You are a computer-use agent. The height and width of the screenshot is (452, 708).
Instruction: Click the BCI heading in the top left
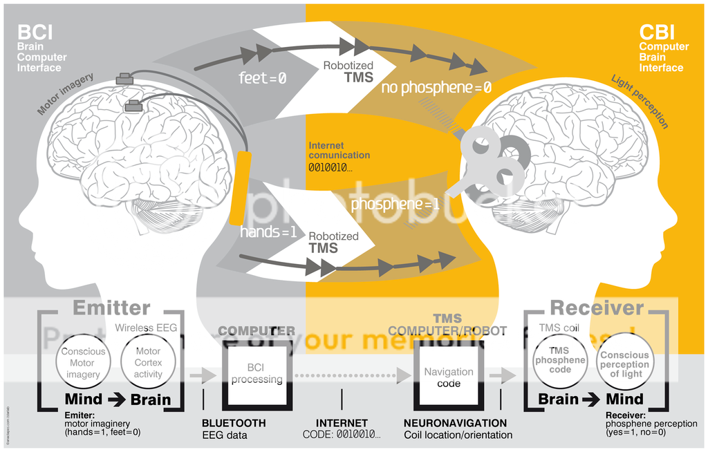click(x=35, y=32)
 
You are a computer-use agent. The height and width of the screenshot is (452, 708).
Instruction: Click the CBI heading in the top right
click(x=657, y=32)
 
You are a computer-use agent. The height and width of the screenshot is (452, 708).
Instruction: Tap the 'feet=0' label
click(x=263, y=78)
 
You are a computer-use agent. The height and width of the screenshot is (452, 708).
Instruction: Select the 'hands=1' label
click(x=268, y=232)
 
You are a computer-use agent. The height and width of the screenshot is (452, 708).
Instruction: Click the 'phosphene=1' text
click(x=395, y=205)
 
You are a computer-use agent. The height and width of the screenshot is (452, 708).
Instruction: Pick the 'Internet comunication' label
click(x=339, y=151)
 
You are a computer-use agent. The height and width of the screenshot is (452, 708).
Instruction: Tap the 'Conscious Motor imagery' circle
click(x=83, y=362)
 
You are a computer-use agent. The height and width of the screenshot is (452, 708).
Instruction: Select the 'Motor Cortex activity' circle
click(x=148, y=362)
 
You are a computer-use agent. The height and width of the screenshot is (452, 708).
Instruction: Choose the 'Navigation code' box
click(x=449, y=377)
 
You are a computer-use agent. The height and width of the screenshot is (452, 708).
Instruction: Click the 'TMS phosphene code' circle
click(x=560, y=360)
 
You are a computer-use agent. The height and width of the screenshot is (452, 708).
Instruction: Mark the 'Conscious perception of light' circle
click(x=624, y=364)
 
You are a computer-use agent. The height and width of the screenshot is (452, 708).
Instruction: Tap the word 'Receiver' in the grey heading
click(x=597, y=308)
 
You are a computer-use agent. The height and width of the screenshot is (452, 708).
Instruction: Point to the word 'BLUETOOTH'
click(x=234, y=423)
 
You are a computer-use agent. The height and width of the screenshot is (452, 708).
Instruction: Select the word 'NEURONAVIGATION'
click(x=455, y=423)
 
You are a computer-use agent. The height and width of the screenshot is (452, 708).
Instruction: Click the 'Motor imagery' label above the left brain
click(x=66, y=94)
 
